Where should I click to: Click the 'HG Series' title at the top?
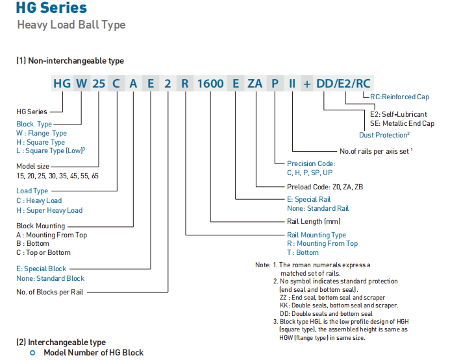(x=52, y=8)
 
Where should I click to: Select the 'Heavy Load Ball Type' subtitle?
(x=71, y=25)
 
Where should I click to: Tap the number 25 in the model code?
(x=98, y=84)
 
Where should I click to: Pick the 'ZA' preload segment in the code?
(x=255, y=84)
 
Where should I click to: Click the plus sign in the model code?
(x=308, y=84)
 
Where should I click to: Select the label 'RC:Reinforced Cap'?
(x=399, y=97)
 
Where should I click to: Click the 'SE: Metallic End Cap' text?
(x=402, y=123)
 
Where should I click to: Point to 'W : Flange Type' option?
(x=42, y=133)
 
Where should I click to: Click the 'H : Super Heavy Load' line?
(x=49, y=210)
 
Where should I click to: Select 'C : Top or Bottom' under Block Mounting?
(x=44, y=252)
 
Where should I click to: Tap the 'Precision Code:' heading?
(x=311, y=163)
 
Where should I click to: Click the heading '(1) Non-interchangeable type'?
(x=69, y=60)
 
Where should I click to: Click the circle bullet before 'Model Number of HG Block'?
(x=32, y=352)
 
